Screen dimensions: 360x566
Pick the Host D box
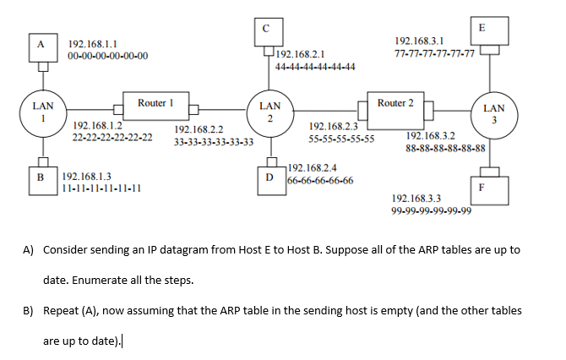tap(269, 178)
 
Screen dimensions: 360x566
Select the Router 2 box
tap(396, 103)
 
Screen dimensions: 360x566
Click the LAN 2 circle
tap(269, 113)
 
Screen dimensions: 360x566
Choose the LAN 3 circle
tap(494, 114)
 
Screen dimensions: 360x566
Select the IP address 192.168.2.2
tap(199, 130)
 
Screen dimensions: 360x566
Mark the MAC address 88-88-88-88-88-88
tap(445, 147)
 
